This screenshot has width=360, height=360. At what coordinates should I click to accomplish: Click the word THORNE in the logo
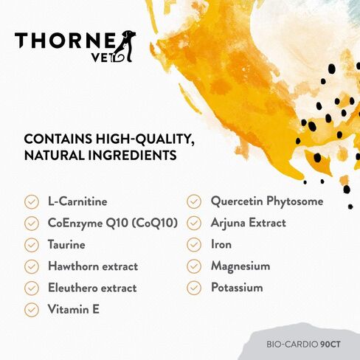click(x=65, y=41)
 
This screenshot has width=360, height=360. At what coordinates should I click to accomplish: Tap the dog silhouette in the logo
click(x=125, y=46)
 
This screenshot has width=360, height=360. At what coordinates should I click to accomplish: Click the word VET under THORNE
click(x=101, y=58)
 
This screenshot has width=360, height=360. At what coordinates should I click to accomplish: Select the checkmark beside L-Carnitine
click(x=32, y=202)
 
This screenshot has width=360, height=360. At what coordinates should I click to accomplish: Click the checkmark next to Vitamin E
click(x=32, y=310)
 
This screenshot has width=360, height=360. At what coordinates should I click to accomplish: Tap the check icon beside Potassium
click(x=194, y=288)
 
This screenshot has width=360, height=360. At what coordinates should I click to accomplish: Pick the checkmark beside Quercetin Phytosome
click(x=194, y=201)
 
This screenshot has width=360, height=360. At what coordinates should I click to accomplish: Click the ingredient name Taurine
click(x=66, y=245)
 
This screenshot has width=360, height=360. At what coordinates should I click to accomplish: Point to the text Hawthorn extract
click(x=93, y=266)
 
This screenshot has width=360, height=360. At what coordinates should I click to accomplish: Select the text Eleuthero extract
click(x=92, y=288)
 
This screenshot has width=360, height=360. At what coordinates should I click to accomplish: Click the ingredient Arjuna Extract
click(x=249, y=223)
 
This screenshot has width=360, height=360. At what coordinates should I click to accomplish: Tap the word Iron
click(x=221, y=244)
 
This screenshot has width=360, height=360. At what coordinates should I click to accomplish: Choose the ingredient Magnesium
click(x=240, y=266)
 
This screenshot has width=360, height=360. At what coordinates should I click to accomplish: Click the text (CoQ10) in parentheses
click(x=155, y=223)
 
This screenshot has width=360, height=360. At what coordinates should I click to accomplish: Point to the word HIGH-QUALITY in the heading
click(x=145, y=139)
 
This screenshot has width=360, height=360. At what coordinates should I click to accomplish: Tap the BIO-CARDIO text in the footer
click(x=292, y=345)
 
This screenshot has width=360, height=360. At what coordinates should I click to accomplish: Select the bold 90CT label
click(x=330, y=345)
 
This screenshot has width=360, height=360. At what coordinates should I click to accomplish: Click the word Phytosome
click(x=295, y=201)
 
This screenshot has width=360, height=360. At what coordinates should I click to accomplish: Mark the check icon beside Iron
click(x=194, y=245)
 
